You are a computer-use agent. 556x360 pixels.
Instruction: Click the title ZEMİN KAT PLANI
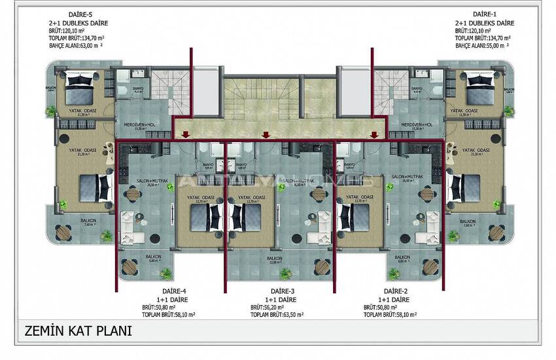tap(76, 331)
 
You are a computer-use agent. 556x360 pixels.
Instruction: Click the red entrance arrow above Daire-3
tap(265, 135)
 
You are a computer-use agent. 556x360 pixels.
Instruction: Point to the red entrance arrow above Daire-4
tap(186, 135)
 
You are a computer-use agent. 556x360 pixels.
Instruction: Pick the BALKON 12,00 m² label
tap(275, 260)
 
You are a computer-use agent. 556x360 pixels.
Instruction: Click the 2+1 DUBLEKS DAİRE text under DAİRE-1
tap(485, 22)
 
